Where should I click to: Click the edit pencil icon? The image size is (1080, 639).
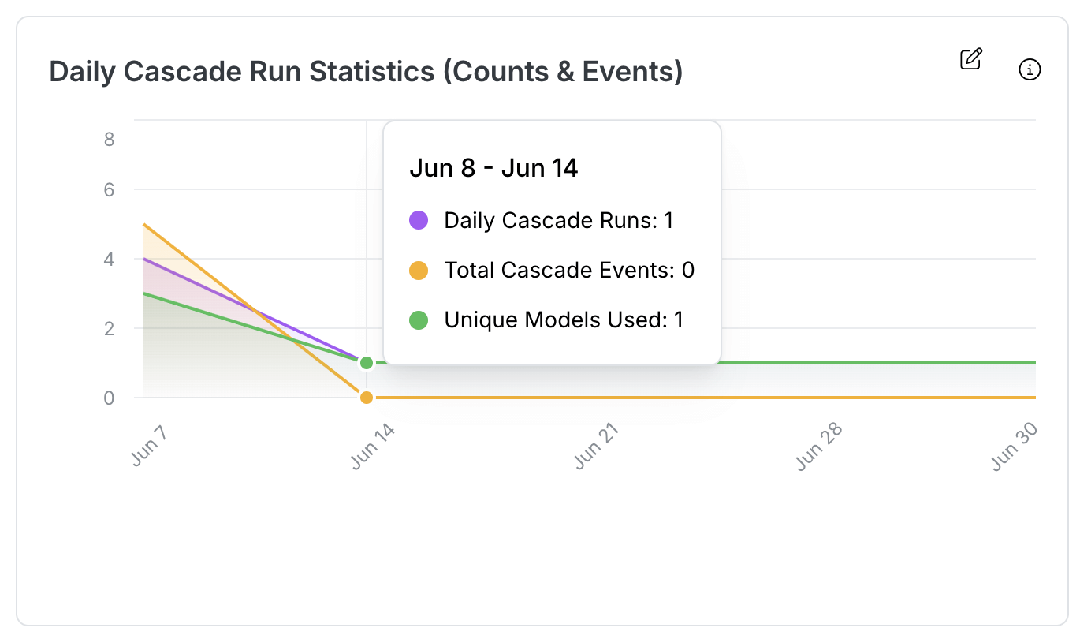point(970,59)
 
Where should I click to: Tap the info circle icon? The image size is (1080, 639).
point(1030,70)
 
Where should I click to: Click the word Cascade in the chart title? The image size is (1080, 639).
point(191,72)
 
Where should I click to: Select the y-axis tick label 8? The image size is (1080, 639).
point(109,140)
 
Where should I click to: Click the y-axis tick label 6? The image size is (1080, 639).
point(109,190)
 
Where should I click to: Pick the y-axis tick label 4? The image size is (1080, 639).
point(109,259)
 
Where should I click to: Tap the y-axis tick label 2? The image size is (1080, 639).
point(109,328)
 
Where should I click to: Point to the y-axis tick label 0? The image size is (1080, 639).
point(109,398)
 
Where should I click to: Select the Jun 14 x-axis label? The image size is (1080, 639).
point(372,447)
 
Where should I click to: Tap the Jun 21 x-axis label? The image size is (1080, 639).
point(596,447)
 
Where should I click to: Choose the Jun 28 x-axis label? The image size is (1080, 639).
point(819,447)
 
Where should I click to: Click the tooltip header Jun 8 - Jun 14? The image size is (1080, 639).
point(493,168)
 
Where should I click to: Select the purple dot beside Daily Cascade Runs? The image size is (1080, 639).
point(419,220)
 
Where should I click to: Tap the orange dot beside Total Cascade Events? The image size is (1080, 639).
point(419,271)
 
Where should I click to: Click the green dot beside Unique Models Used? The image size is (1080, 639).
point(419,320)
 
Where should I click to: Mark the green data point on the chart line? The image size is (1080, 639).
point(366,363)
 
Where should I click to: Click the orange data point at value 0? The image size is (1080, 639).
point(366,398)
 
